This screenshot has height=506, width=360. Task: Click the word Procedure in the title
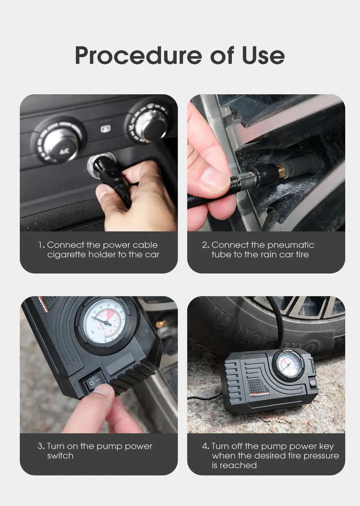click(138, 55)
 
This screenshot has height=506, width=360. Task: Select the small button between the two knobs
click(105, 129)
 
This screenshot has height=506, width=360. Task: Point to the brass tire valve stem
click(282, 171)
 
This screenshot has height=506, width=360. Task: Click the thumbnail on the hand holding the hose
click(214, 178)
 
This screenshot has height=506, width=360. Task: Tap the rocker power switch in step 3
click(94, 383)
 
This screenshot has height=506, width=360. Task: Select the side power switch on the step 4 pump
click(312, 382)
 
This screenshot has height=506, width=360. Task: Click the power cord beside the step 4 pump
click(205, 397)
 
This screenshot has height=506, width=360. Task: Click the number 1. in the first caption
click(41, 245)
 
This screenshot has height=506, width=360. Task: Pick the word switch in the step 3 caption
click(61, 456)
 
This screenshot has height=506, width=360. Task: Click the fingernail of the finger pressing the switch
click(104, 389)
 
